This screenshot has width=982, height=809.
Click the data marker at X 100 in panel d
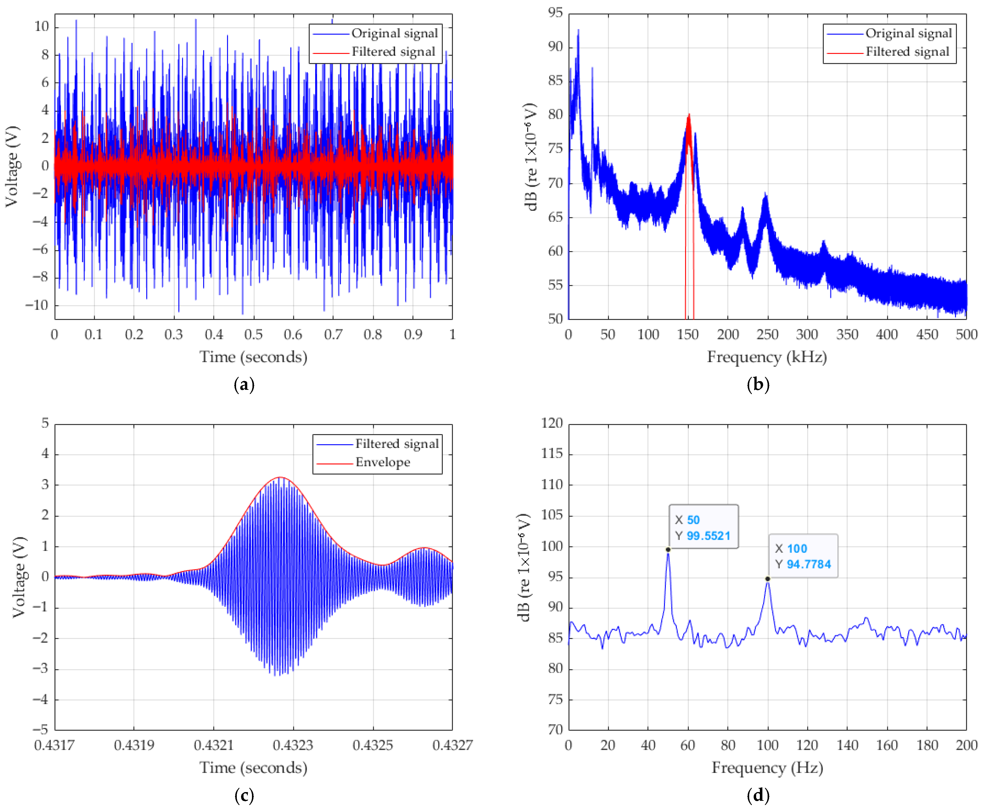coord(768,579)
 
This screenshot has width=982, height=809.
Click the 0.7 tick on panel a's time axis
coord(333,335)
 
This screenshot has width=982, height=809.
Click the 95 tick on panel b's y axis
coord(555,13)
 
